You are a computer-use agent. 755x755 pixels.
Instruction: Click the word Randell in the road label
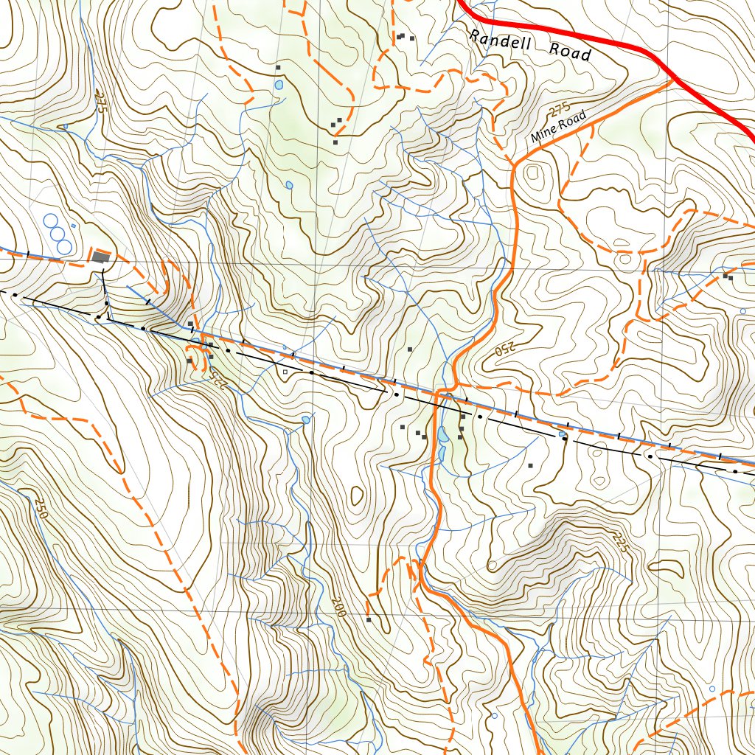click(500, 41)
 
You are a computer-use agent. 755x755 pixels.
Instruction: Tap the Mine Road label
click(558, 127)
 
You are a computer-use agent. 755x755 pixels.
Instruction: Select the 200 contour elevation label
click(338, 606)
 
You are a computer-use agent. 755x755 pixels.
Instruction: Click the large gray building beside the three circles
click(100, 257)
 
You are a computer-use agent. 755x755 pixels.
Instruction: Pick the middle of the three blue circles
click(58, 233)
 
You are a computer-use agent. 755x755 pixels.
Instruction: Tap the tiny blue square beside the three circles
click(73, 226)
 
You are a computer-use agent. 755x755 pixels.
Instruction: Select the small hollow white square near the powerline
click(285, 372)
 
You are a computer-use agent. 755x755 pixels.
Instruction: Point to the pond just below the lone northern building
click(279, 85)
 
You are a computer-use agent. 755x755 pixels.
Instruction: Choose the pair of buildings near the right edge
click(728, 276)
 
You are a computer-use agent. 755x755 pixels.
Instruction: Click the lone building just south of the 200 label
click(369, 620)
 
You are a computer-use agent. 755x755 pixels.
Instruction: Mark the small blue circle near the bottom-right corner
click(711, 689)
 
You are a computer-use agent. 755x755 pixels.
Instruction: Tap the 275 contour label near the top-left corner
click(100, 100)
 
